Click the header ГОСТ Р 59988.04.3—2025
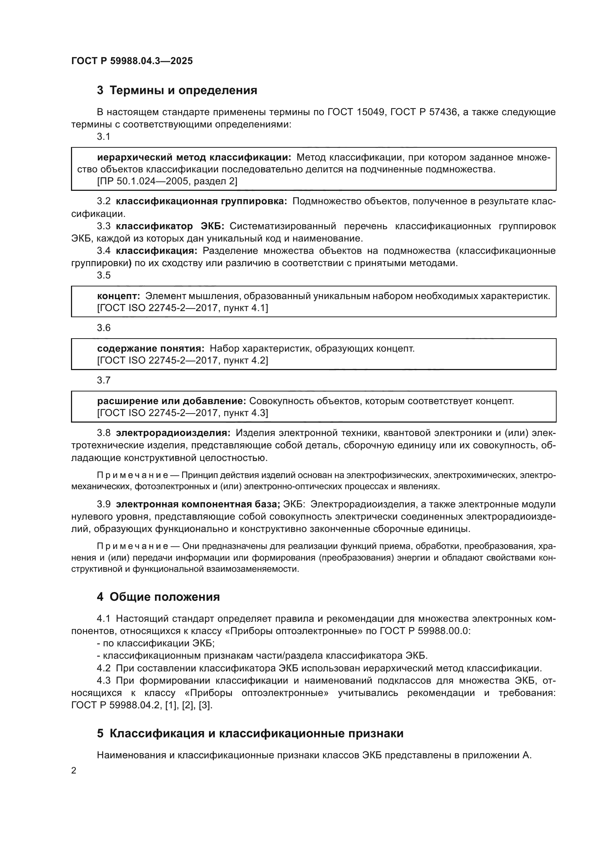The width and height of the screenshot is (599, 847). point(132,61)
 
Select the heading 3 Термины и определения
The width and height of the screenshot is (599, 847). point(177,91)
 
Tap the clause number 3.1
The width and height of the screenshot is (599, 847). point(104,137)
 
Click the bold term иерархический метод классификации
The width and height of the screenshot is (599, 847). point(194,158)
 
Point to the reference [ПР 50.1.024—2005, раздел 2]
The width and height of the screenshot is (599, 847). point(167,181)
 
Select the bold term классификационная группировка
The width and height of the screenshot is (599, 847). point(201,201)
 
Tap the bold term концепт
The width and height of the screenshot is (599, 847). point(118,296)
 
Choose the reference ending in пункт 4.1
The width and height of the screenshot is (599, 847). point(183,308)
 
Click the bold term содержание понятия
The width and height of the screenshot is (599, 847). point(151,348)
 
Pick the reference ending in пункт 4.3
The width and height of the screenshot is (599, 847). point(183,413)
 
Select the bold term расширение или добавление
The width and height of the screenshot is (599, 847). point(172,401)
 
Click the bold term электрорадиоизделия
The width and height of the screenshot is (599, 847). point(173,433)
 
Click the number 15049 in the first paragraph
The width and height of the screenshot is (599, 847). point(370,112)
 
